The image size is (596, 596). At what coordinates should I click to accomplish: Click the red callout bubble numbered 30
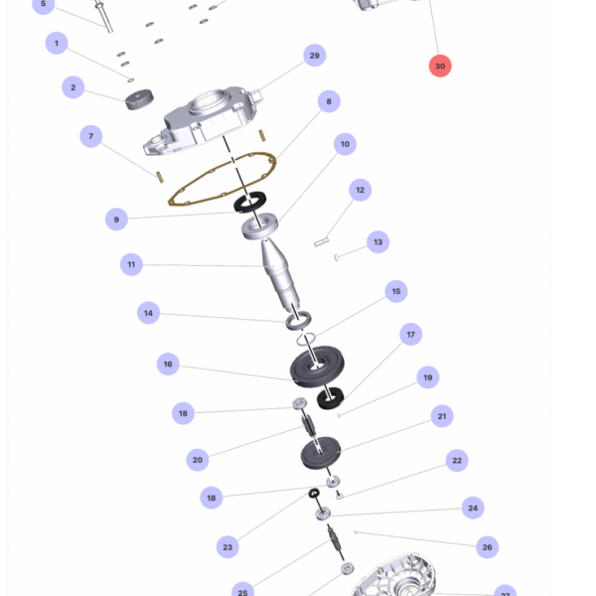[440, 66]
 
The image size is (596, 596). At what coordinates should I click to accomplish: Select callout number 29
[314, 55]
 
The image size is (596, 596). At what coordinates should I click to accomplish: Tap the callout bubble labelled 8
[329, 101]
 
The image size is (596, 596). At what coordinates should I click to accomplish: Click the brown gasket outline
[223, 179]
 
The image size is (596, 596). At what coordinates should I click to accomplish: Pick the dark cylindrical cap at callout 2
[139, 99]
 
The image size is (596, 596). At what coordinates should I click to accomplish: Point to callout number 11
[131, 264]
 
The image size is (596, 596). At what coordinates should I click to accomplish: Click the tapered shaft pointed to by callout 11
[280, 275]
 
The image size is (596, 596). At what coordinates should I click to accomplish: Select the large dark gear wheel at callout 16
[317, 367]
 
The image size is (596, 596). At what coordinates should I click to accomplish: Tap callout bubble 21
[442, 416]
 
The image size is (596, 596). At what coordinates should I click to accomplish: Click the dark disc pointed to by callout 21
[321, 453]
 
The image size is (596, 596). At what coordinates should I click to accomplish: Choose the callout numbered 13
[377, 241]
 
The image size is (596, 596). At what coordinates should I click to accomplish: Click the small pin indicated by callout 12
[321, 241]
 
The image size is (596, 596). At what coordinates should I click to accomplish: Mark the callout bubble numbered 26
[487, 547]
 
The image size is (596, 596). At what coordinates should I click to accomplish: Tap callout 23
[227, 547]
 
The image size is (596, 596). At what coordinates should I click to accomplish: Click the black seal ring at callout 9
[249, 202]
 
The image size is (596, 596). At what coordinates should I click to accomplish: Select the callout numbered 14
[148, 313]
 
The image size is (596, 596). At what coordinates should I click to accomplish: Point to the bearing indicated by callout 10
[260, 226]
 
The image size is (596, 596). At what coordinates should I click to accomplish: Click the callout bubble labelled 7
[90, 136]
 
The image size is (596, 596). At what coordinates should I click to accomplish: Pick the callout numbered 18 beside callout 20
[183, 413]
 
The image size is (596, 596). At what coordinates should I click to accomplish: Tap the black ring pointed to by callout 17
[331, 398]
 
